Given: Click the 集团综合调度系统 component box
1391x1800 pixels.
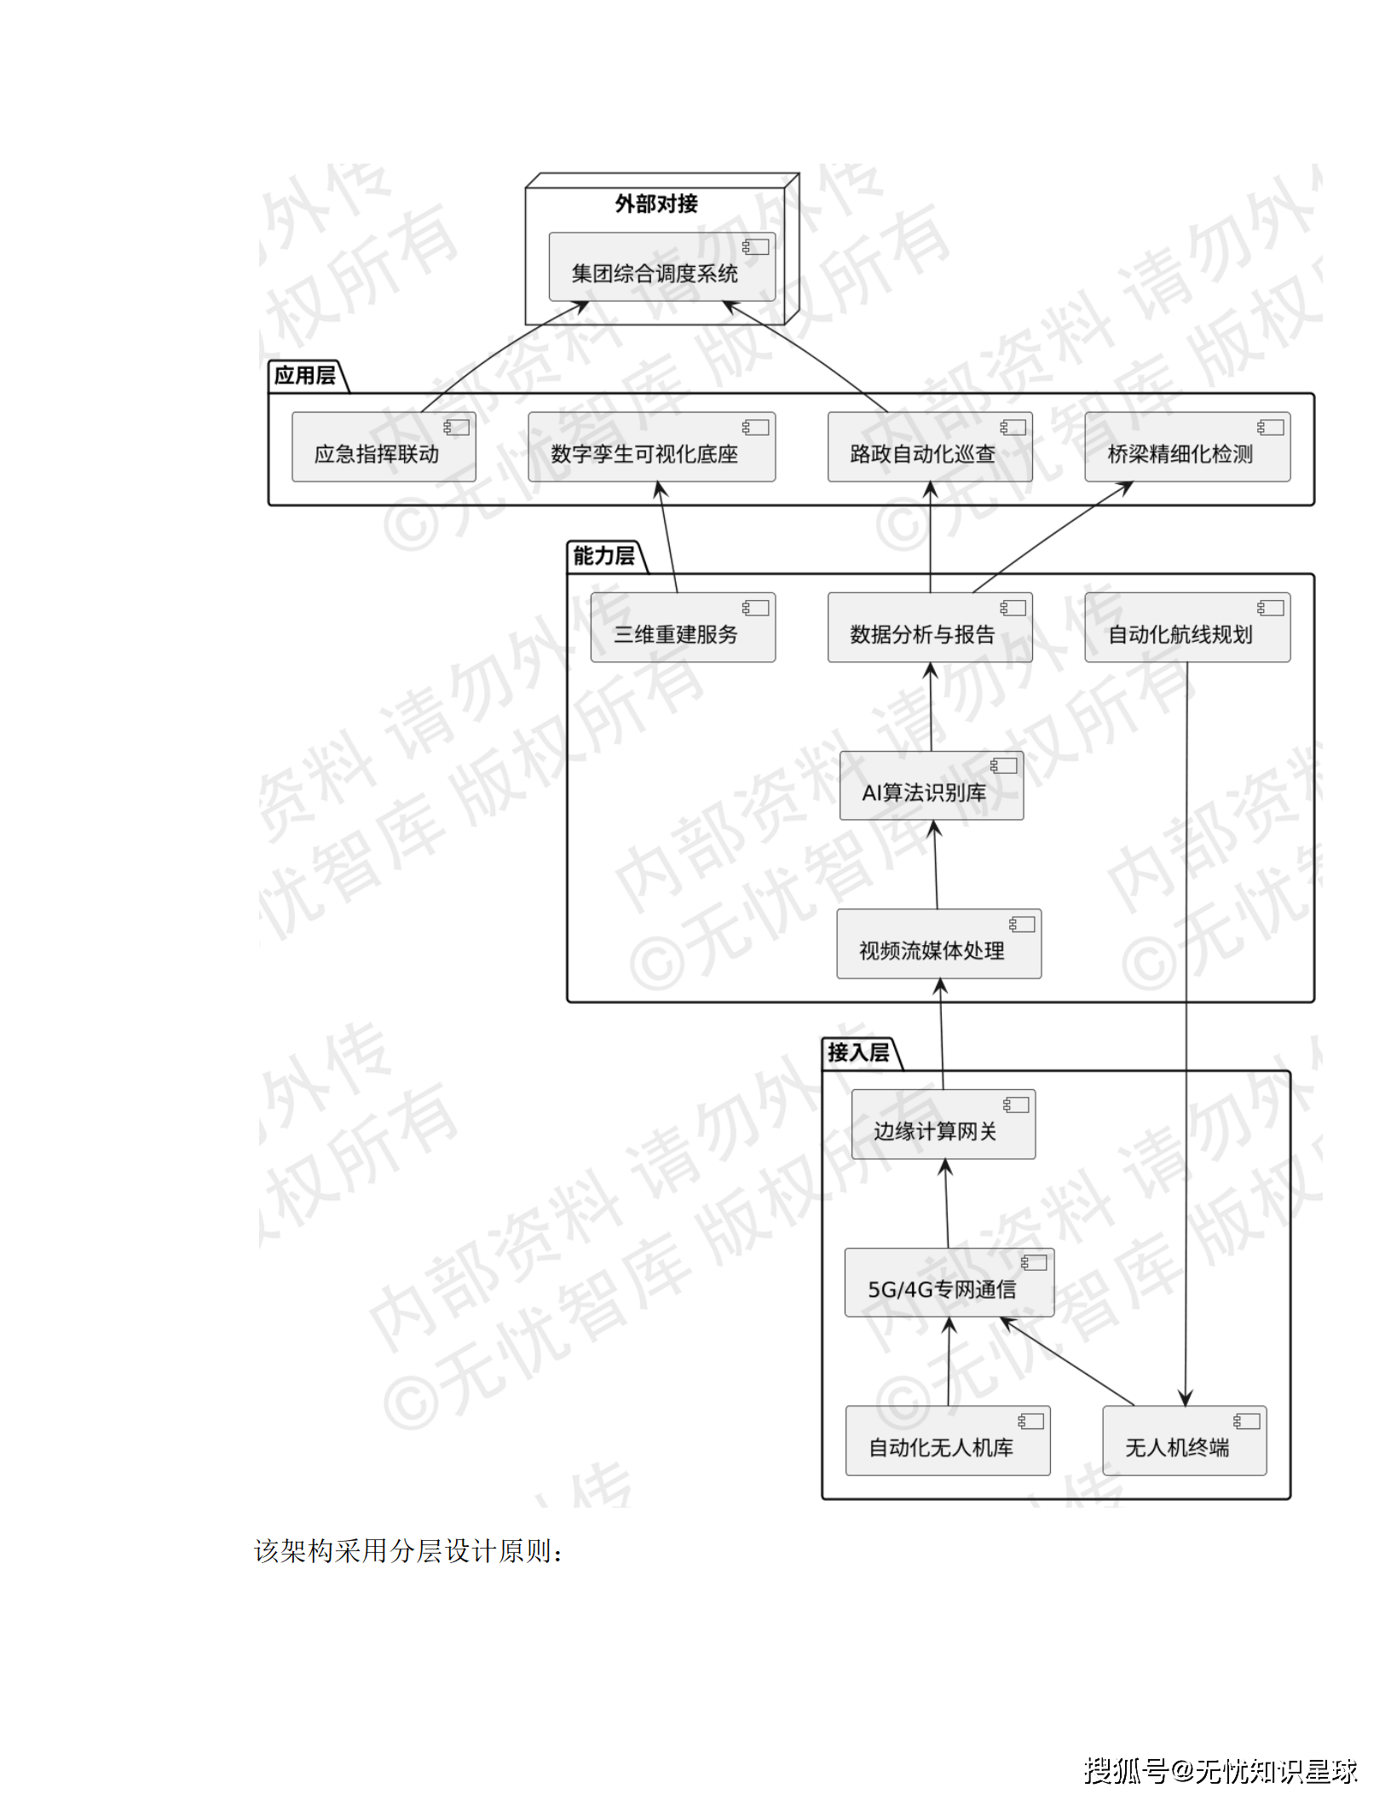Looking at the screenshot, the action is [661, 267].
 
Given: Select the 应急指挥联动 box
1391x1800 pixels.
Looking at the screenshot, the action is [384, 447].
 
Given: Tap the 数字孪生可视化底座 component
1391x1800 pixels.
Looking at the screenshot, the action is [651, 447].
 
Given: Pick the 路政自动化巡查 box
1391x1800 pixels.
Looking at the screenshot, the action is [929, 447].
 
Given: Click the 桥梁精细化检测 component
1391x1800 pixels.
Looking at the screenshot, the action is [1186, 447].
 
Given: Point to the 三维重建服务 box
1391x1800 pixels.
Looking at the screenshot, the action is [683, 628].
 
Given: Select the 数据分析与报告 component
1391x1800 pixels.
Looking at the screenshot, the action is [929, 628].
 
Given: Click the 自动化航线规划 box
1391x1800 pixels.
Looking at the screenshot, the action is [1186, 628].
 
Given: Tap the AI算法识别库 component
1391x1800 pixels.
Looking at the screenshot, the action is [931, 786].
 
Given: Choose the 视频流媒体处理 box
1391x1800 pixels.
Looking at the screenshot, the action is [938, 944].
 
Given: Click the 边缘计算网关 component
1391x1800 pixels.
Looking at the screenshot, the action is [943, 1124].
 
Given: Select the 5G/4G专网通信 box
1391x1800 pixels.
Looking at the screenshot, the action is [949, 1283].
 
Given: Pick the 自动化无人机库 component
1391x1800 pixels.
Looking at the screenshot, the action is [947, 1440].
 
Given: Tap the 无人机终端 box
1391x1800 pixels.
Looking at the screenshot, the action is [1184, 1440].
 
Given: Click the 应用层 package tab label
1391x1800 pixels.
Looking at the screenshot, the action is [305, 376].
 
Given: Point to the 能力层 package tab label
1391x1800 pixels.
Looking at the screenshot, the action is [604, 557].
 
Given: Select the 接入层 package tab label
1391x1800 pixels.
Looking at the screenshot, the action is [858, 1053].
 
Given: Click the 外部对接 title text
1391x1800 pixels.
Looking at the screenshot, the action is [656, 204].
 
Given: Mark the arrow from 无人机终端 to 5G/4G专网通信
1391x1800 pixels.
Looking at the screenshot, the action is [1067, 1361].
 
